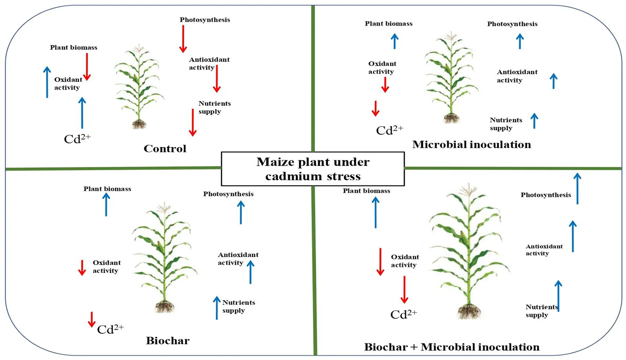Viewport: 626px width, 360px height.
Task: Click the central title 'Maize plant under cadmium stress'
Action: coord(313,169)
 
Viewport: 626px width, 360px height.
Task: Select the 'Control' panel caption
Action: coord(165,148)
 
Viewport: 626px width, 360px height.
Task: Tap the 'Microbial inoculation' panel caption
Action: coord(471,144)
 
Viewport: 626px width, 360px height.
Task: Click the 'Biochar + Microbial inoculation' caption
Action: coord(451,347)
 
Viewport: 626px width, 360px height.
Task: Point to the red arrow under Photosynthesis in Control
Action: coord(183,39)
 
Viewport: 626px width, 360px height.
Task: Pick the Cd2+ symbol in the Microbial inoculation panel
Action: coord(389,130)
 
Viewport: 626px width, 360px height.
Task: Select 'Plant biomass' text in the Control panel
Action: coord(73,47)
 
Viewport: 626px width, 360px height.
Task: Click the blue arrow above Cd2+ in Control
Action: coord(82,113)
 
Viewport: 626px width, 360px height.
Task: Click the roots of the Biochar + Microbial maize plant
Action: coord(469,312)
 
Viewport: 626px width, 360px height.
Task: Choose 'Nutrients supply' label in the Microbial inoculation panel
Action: coord(506,124)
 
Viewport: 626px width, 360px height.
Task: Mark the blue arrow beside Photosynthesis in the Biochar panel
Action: coord(241,212)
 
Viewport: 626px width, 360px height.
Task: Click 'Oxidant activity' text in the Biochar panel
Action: coord(106,267)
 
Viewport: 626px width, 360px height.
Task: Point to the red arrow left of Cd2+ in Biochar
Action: coord(91,319)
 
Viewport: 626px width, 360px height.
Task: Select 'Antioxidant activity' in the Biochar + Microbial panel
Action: coord(544,250)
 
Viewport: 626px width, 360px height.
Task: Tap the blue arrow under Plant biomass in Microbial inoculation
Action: coord(395,41)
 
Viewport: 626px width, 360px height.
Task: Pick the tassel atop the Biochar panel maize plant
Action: coord(164,207)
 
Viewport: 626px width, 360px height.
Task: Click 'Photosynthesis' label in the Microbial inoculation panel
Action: coord(512,24)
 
